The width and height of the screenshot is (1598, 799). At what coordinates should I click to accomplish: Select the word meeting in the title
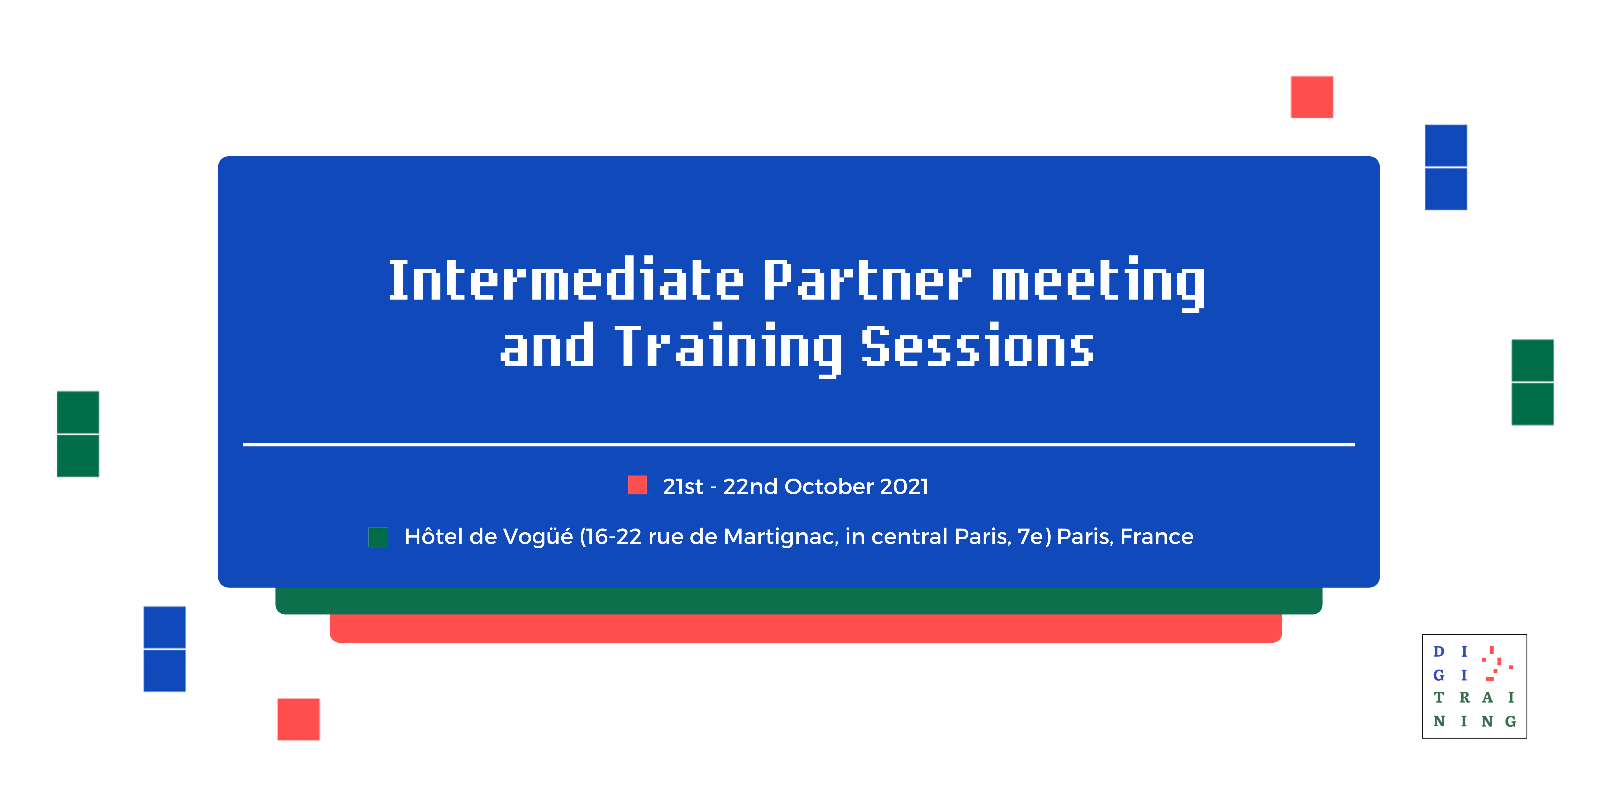coord(1098,283)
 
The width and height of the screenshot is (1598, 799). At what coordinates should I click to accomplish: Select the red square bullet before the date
coord(637,485)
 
